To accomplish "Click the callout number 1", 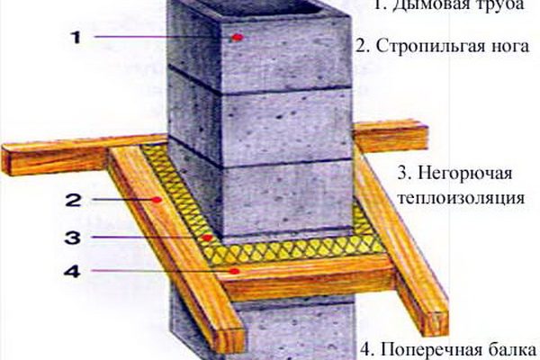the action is tap(76, 37).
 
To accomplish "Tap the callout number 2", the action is tap(74, 200).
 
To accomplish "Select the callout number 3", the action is tap(73, 238).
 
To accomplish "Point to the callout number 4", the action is tap(72, 271).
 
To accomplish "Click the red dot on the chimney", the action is tap(236, 37).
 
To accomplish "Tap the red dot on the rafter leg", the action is tap(157, 200).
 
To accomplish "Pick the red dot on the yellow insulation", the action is tap(207, 238).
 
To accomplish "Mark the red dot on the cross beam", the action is tap(235, 272).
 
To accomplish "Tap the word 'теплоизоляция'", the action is tap(462, 198).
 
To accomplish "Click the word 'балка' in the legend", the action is tap(512, 350).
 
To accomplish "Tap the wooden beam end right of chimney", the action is tap(391, 137).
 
